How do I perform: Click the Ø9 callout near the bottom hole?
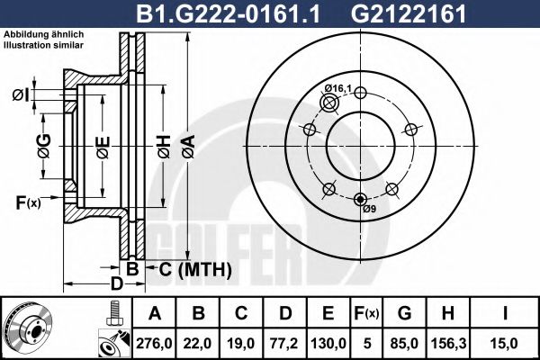369,210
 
